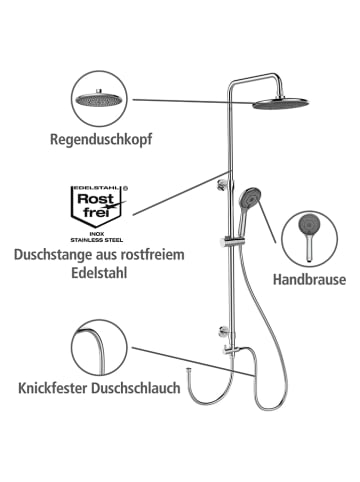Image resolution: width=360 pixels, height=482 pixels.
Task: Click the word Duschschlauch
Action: click(x=148, y=387)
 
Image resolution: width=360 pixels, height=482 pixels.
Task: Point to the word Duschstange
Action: click(x=56, y=256)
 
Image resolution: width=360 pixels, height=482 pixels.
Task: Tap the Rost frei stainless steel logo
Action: click(x=93, y=209)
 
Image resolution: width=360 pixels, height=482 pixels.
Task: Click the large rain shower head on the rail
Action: click(x=286, y=103)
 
